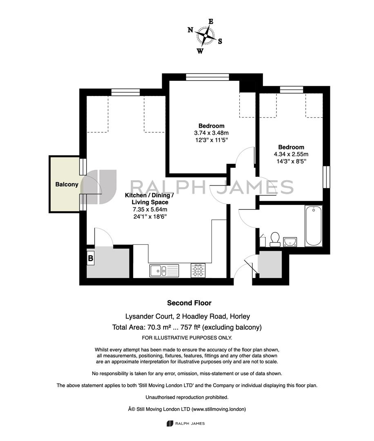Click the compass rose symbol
pyautogui.click(x=205, y=36)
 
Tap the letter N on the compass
pyautogui.click(x=190, y=30)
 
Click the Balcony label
pyautogui.click(x=67, y=185)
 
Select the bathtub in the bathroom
pyautogui.click(x=314, y=226)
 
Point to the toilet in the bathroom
pyautogui.click(x=275, y=239)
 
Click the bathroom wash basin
pyautogui.click(x=290, y=242)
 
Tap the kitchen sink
pyautogui.click(x=164, y=271)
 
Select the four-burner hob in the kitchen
pyautogui.click(x=198, y=271)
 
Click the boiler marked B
pyautogui.click(x=91, y=258)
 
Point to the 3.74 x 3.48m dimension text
pyautogui.click(x=211, y=133)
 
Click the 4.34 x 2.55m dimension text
pyautogui.click(x=291, y=154)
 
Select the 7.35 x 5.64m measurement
pyautogui.click(x=150, y=209)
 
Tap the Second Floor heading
pyautogui.click(x=189, y=303)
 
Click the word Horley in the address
pyautogui.click(x=240, y=316)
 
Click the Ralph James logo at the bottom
pyautogui.click(x=186, y=423)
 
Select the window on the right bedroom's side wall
pyautogui.click(x=326, y=177)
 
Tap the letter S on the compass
pyautogui.click(x=220, y=41)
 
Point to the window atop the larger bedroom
pyautogui.click(x=207, y=77)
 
